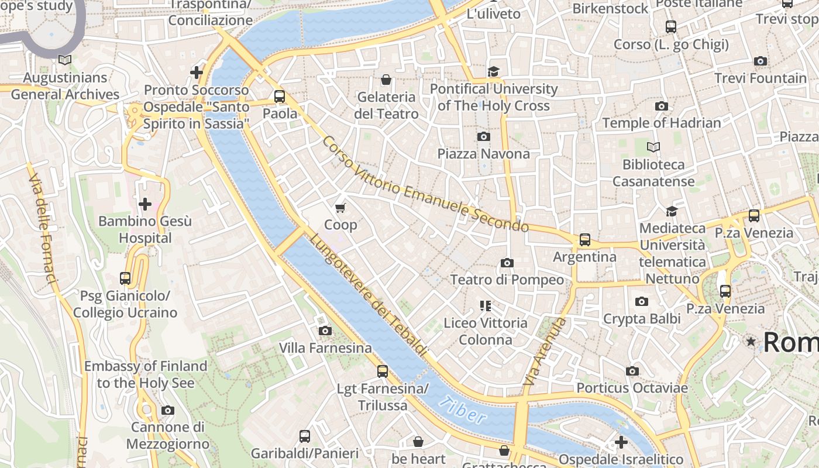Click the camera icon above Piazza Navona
(x=483, y=136)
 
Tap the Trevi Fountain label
(x=760, y=78)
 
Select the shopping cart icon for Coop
(x=340, y=208)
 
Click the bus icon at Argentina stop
(x=584, y=239)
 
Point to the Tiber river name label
(x=462, y=410)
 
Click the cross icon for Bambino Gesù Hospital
(x=144, y=204)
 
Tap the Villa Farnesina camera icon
(x=325, y=331)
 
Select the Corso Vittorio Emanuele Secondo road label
(x=425, y=184)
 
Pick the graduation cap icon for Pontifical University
(x=494, y=71)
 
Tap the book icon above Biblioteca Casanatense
(x=653, y=147)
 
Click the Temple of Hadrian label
(x=662, y=123)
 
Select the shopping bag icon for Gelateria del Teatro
(x=386, y=80)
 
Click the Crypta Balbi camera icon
(x=642, y=302)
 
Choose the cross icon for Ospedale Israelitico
(x=621, y=442)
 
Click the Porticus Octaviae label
(x=632, y=388)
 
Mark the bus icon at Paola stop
(x=280, y=97)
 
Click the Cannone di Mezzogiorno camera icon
(x=168, y=410)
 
